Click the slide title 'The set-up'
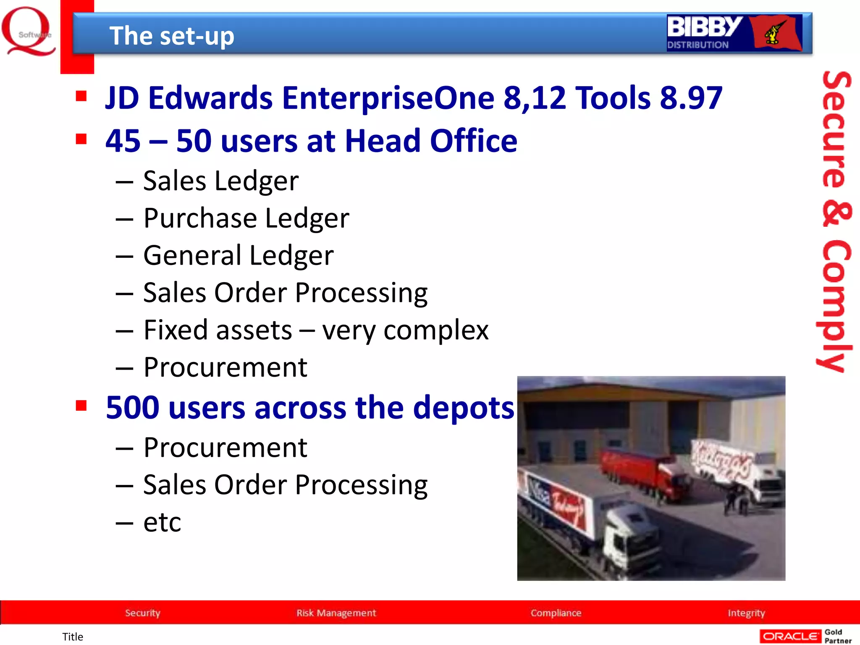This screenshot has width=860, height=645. click(171, 36)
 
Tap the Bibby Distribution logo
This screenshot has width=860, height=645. click(734, 33)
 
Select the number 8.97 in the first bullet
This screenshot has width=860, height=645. click(691, 98)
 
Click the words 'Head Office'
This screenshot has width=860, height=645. click(431, 141)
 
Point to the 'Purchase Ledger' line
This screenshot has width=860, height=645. click(246, 218)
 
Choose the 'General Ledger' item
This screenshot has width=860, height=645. click(238, 255)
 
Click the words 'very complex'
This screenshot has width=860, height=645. click(405, 330)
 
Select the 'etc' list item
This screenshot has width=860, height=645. click(162, 522)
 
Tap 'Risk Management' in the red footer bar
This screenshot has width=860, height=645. click(336, 613)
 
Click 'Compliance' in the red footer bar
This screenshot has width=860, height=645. click(556, 613)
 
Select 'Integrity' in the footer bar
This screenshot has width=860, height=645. click(746, 613)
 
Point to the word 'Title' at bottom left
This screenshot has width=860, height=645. click(73, 637)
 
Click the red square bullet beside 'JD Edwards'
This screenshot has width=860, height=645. click(81, 96)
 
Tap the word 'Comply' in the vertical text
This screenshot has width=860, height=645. click(836, 307)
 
